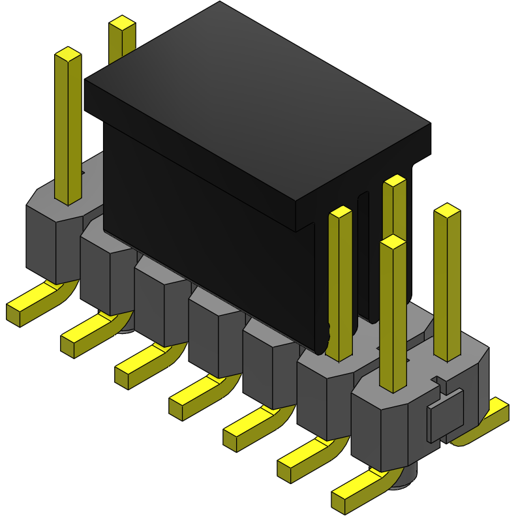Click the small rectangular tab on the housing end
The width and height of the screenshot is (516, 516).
point(446,414)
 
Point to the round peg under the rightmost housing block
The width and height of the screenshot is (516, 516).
point(404,480)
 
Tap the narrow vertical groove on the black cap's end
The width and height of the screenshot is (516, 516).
point(363,261)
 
